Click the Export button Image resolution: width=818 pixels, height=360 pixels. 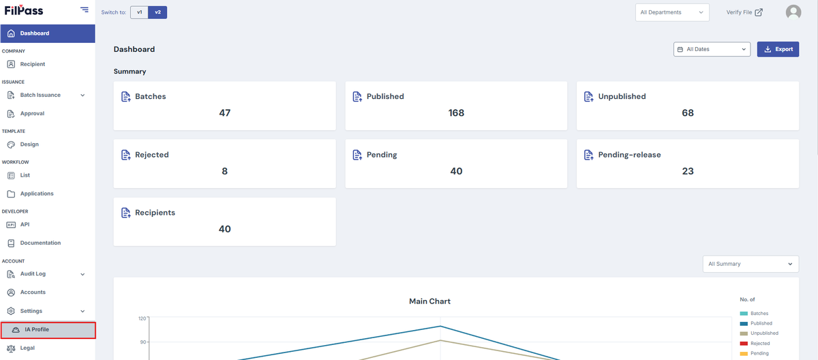coord(778,49)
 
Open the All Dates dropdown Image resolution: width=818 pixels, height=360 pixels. coord(712,49)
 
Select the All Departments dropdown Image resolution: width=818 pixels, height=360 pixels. coord(672,12)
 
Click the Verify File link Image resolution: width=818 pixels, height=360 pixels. coord(744,12)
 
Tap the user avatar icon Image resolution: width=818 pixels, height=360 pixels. coord(793,12)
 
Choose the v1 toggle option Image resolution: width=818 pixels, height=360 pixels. coord(140,12)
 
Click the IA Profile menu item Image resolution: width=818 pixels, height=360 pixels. coord(48,330)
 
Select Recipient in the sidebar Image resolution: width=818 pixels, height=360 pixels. coord(33,64)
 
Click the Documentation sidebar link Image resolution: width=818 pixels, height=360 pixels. coord(40,243)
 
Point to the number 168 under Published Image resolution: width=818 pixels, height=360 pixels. coord(456,112)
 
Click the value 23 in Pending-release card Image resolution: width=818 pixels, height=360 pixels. coord(688,171)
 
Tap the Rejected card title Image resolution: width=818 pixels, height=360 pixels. coord(152,155)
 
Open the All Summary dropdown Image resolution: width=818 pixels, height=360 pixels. coord(751,264)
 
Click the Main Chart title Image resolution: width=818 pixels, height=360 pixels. coord(430,301)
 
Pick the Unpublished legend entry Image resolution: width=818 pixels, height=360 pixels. coord(759,333)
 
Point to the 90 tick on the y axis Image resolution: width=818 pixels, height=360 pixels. coord(142,342)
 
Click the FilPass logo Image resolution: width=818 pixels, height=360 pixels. coord(24,10)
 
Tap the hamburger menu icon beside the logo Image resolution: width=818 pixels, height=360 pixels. coord(85,10)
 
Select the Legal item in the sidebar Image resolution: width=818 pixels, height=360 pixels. coord(27,348)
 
